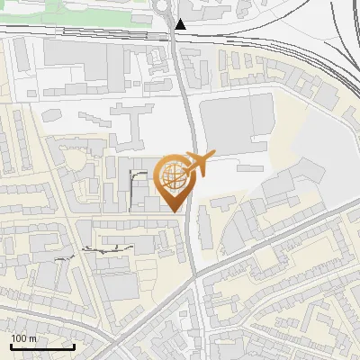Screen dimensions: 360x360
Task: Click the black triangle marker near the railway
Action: pyautogui.click(x=182, y=24)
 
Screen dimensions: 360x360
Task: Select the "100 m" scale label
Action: pyautogui.click(x=24, y=338)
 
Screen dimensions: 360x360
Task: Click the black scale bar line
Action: pyautogui.click(x=42, y=346)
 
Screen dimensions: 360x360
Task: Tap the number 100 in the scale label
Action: pyautogui.click(x=19, y=338)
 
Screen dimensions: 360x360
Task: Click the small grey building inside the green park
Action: pyautogui.click(x=141, y=17)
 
